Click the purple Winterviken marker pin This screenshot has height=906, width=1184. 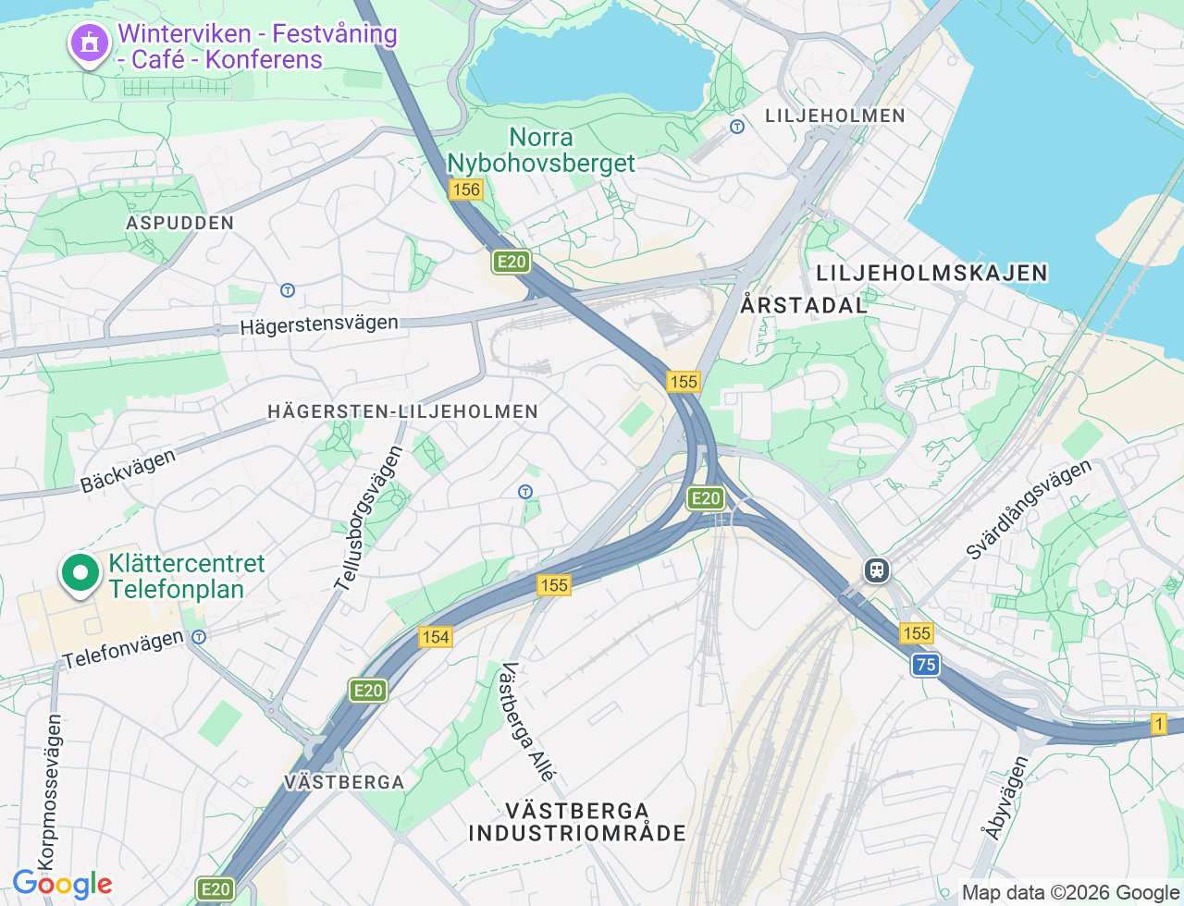89,43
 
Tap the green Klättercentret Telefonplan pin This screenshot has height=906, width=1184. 80,573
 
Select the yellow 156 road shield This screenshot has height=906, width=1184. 465,190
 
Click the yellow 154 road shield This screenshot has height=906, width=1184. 435,636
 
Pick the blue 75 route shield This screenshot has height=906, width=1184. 925,664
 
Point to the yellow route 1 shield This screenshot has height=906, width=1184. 1158,724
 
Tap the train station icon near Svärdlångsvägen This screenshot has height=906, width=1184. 876,570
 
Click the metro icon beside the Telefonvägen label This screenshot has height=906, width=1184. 199,636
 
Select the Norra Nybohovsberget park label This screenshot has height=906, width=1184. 541,151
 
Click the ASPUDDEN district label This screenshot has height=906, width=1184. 180,223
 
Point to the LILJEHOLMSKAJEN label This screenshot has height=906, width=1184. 931,273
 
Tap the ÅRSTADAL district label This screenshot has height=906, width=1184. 804,304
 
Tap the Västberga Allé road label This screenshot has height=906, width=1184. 527,722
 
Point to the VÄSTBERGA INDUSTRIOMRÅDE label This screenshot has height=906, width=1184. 577,822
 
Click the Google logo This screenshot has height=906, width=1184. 62,884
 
